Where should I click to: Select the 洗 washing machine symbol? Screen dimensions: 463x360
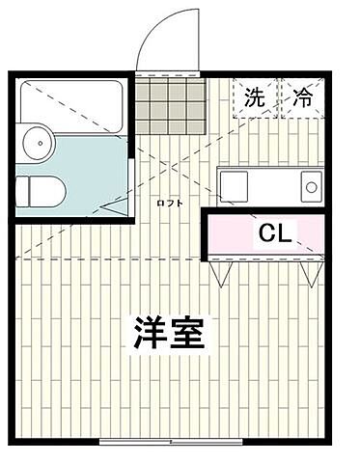[x=254, y=96]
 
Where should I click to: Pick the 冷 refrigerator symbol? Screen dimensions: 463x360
[x=303, y=96]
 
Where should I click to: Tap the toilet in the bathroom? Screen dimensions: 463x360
[x=41, y=191]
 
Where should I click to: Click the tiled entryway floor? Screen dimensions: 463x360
[x=171, y=105]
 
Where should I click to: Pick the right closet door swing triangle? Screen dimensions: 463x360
[x=308, y=272]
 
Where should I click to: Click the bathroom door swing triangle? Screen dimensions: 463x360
[x=118, y=205]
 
